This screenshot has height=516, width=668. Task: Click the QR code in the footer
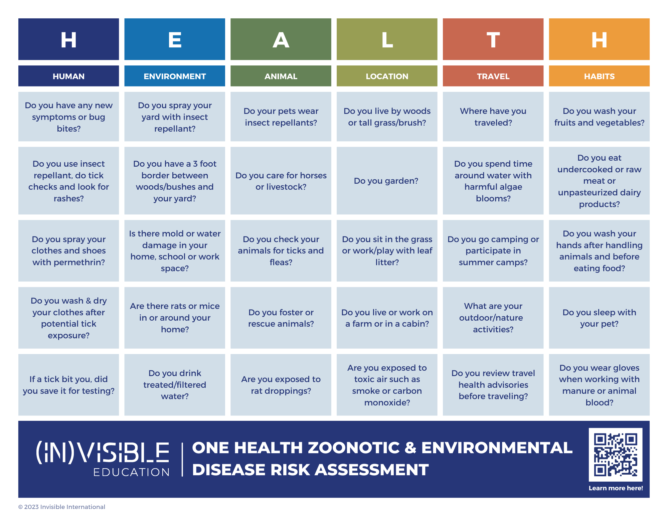(x=616, y=455)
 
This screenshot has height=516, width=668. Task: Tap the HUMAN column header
(x=68, y=76)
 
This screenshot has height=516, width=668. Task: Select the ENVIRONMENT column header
(x=175, y=76)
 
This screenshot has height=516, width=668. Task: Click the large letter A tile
(x=281, y=39)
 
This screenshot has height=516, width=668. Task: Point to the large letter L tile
(x=387, y=39)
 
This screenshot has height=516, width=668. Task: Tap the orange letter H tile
(x=599, y=39)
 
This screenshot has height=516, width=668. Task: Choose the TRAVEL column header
(x=493, y=76)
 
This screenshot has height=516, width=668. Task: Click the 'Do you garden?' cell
(x=387, y=181)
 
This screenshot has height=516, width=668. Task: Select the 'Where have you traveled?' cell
(x=493, y=117)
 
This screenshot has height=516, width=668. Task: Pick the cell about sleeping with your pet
(x=599, y=318)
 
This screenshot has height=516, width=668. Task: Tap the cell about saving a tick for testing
(x=68, y=385)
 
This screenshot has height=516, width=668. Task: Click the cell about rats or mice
(x=175, y=318)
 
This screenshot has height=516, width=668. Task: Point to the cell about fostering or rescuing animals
(x=281, y=318)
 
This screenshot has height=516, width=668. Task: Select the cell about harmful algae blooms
(x=493, y=181)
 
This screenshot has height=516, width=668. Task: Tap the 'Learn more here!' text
(x=616, y=488)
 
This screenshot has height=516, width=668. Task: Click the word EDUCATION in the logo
(x=131, y=472)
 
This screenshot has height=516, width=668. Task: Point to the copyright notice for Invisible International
(x=62, y=507)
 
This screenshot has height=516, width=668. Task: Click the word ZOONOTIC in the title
(x=354, y=448)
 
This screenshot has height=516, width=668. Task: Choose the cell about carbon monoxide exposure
(x=387, y=385)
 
